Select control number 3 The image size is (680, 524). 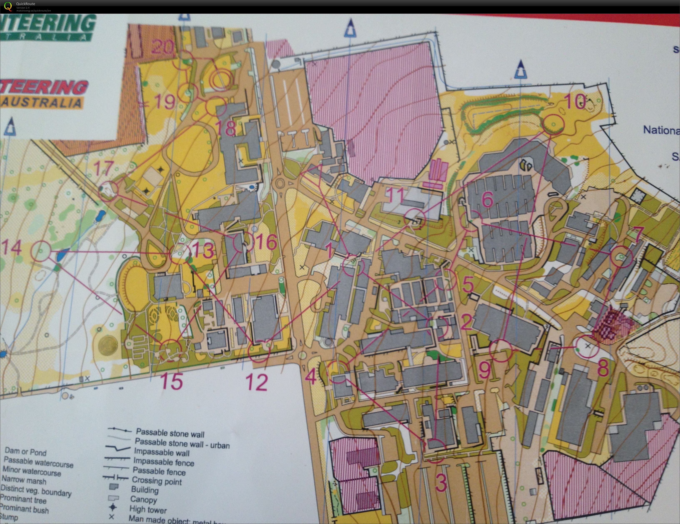(441, 483)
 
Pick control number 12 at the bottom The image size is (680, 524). (257, 382)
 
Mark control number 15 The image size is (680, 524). (172, 380)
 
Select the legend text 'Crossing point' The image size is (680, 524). (157, 481)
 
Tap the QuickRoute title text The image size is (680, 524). (26, 4)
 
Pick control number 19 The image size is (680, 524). (164, 101)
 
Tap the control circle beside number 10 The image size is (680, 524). (553, 124)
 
